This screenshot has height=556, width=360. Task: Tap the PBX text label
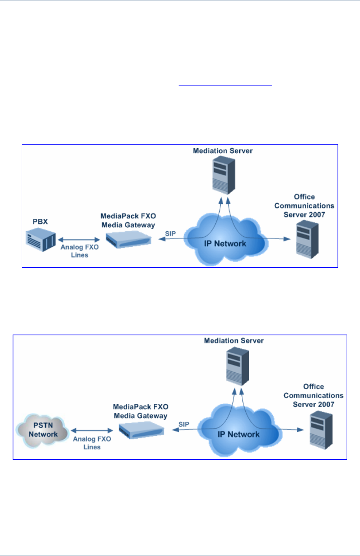click(40, 221)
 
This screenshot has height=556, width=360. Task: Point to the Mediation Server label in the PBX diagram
click(223, 151)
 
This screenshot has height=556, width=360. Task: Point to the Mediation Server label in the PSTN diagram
click(234, 340)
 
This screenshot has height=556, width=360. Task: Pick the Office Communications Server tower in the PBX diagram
click(307, 240)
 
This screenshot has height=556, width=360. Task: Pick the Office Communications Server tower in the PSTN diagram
click(321, 430)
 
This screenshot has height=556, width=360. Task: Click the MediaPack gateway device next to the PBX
click(129, 239)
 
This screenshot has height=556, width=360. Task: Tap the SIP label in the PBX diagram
click(170, 234)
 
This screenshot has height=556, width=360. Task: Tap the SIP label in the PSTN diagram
click(184, 424)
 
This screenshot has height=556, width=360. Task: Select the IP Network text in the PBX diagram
click(225, 244)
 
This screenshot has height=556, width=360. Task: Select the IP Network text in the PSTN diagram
click(239, 434)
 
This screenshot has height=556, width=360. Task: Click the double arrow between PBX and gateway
click(79, 239)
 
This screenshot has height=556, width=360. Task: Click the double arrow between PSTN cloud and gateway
click(92, 431)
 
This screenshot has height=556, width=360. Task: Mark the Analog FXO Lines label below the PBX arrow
click(80, 251)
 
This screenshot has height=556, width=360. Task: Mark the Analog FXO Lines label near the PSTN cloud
click(92, 443)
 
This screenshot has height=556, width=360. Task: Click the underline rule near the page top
click(225, 85)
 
